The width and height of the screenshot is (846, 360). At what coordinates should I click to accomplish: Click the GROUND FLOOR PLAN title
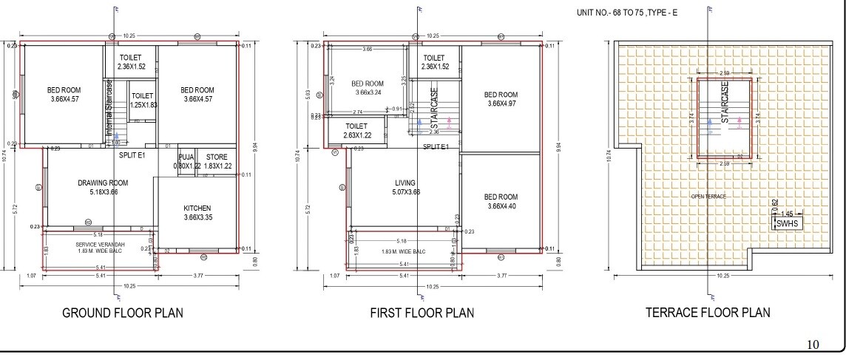pos(122,313)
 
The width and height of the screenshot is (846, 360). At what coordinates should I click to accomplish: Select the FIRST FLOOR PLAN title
pos(422,313)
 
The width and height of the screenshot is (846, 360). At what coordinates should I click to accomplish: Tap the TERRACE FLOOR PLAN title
pos(708,313)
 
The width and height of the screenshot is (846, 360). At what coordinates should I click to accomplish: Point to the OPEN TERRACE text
pos(708,196)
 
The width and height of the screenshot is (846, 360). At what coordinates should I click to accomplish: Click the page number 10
pos(812,344)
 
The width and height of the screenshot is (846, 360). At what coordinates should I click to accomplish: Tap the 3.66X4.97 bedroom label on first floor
pos(501,100)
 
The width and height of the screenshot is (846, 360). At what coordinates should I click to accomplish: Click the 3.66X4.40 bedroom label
pos(501,202)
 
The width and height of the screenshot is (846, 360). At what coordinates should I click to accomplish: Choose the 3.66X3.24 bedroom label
pos(368,88)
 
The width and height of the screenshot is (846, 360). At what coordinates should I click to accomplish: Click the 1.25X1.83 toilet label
pos(142,101)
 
